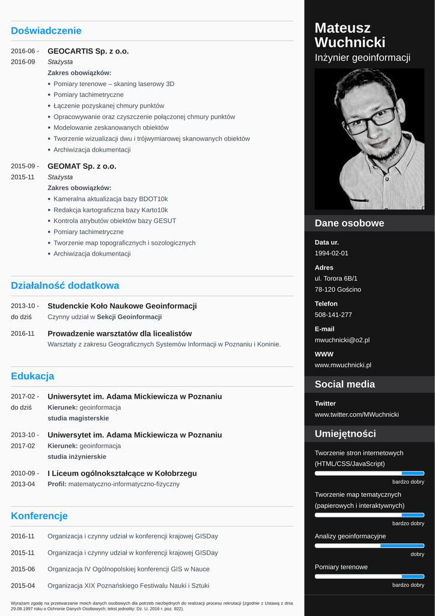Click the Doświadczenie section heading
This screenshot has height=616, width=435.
pos(46,31)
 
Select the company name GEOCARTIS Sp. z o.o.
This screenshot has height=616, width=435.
pos(88,51)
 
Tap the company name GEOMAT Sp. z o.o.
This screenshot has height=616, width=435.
pos(82,166)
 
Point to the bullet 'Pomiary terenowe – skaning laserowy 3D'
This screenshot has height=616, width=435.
pos(114,84)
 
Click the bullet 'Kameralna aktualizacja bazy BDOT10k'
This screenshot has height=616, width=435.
pos(111,199)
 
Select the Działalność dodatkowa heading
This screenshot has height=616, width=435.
pos(65,286)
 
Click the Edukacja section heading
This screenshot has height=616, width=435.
pos(32,377)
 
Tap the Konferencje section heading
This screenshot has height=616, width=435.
pos(39,516)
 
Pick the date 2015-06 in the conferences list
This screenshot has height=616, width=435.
pos(23,569)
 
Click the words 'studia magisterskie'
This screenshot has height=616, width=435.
pos(78,418)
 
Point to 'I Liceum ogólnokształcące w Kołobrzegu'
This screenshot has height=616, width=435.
pos(122,473)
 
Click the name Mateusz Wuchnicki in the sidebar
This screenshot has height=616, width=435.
pos(350,35)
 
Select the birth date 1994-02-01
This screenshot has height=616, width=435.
pos(331,253)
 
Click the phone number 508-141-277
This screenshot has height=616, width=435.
pos(333,315)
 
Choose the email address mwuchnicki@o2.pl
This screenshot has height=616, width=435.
pos(342,340)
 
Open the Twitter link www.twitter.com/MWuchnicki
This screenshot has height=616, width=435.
pos(356,414)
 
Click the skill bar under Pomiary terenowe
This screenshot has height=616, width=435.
pos(369,576)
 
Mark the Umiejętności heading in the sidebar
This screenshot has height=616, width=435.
pos(345,434)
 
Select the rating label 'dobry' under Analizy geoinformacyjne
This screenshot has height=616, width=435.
pos(417,554)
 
